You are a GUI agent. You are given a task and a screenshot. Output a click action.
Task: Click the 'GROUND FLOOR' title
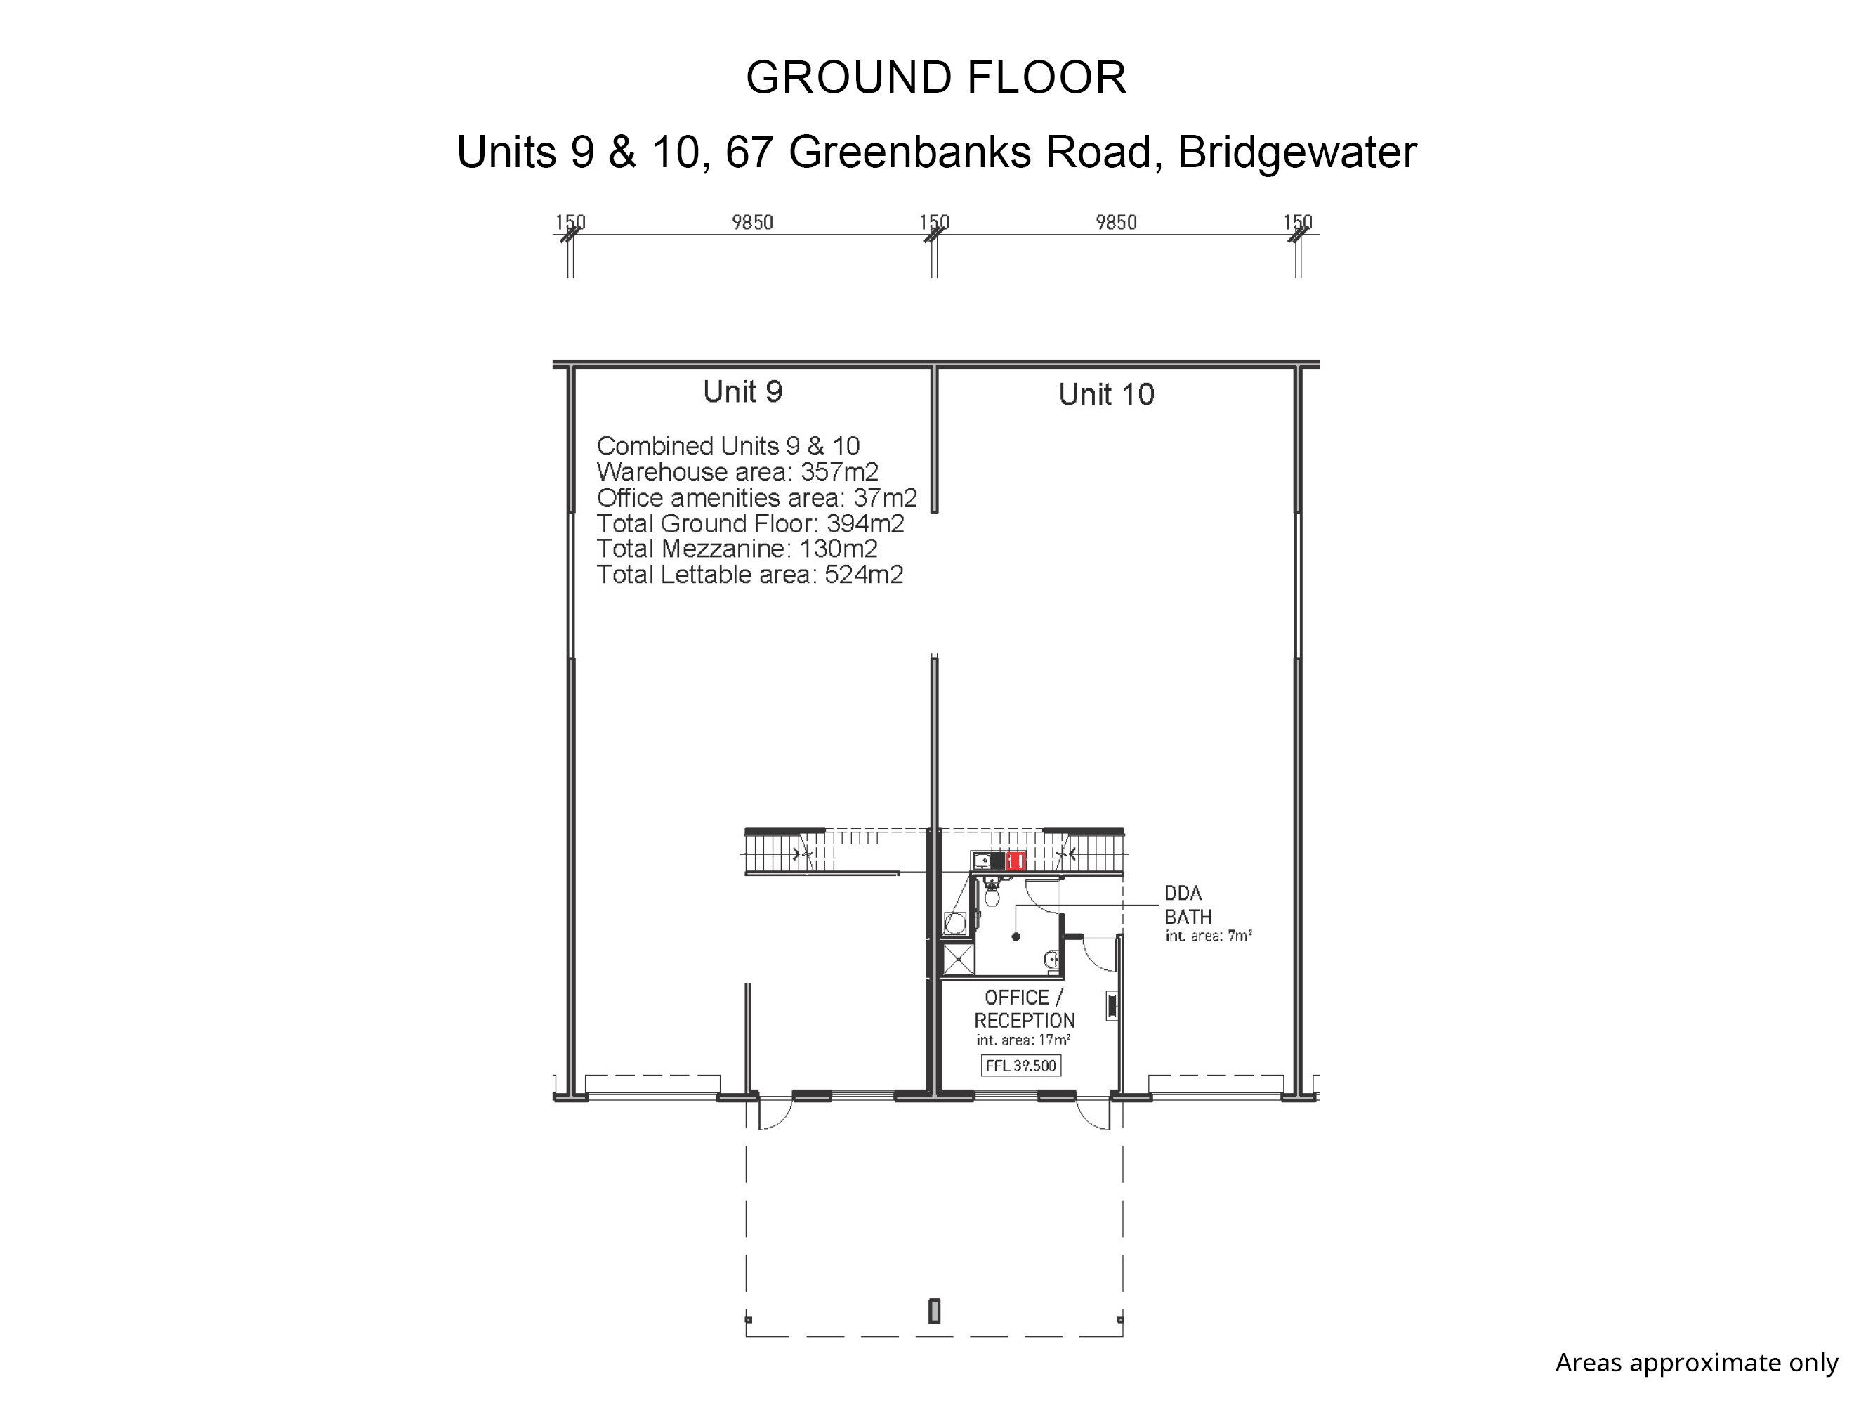(x=935, y=78)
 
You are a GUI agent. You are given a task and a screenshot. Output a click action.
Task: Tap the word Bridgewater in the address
(x=1296, y=153)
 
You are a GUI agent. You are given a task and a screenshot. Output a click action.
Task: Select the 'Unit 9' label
(x=742, y=391)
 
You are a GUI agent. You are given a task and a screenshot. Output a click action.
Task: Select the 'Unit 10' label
(x=1106, y=395)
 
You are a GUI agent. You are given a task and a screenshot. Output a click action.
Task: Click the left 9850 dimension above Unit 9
(x=752, y=222)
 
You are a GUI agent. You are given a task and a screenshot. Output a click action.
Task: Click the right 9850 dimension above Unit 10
(x=1115, y=222)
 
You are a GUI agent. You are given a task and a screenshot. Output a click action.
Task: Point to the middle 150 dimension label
(x=934, y=222)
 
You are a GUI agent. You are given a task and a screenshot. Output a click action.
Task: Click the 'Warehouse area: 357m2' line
(x=737, y=471)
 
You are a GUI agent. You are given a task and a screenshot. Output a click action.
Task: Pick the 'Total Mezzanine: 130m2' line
(x=736, y=549)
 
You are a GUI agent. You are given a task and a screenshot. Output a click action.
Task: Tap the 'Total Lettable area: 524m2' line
(x=749, y=575)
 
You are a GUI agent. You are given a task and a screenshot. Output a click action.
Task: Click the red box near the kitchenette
(x=1016, y=861)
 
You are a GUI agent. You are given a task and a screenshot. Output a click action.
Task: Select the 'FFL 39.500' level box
(x=1020, y=1066)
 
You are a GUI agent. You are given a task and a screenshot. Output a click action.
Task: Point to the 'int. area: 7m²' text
(x=1209, y=936)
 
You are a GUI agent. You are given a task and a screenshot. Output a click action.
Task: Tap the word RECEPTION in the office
(x=1024, y=1021)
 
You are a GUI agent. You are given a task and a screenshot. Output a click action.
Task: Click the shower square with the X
(x=958, y=960)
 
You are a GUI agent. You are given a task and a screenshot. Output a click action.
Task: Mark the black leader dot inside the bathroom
(x=1016, y=936)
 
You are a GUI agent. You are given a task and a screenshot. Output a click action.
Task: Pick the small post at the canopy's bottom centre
(x=934, y=1311)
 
